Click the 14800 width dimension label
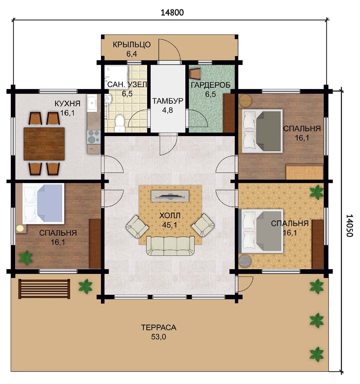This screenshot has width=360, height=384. pos(172,13)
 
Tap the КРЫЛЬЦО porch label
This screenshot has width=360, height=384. pos(132,45)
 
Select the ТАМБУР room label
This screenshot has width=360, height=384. pos(168,101)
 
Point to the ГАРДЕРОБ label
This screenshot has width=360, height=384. pos(211,85)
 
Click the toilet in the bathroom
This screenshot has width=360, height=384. pos(120,123)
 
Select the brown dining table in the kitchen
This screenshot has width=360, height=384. pos(44,144)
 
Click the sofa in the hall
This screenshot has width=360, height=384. pos(171,246)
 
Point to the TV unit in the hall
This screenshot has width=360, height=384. pos(170,196)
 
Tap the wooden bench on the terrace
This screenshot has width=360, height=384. pos(44,289)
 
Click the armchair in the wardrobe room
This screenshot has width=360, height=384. pos(195,74)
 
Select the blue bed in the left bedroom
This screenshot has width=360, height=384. pos(43,204)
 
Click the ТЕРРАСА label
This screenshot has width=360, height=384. pos(159,328)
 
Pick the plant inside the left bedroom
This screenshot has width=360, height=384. pos(25,257)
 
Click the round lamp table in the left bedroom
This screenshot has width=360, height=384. pos(20,228)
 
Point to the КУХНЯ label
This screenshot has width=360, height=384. pos(67,104)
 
